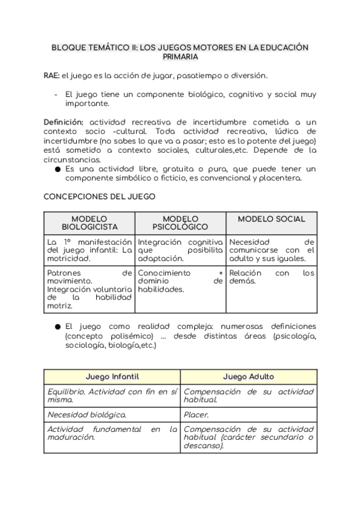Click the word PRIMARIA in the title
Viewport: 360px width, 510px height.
pos(180,57)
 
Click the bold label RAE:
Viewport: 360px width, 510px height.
pos(52,75)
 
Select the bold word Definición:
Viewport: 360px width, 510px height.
pos(64,122)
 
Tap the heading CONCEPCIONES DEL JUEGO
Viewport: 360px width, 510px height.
pos(99,197)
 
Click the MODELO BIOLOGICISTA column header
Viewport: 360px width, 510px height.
pos(90,223)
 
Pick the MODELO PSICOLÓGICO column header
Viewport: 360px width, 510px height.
pos(180,223)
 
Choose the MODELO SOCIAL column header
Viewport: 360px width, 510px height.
pos(271,220)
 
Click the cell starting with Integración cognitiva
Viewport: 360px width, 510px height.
pos(180,250)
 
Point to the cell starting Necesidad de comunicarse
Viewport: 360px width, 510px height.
pos(271,250)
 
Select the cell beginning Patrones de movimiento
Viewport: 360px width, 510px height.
pos(90,289)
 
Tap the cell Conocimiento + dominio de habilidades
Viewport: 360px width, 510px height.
pos(180,281)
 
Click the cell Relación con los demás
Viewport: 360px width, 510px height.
pos(271,277)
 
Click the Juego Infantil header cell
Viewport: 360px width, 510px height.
pos(112,376)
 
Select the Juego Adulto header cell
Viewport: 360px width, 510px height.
pos(248,376)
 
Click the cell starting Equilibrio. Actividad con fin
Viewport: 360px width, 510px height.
pos(112,395)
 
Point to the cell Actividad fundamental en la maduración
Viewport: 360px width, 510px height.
pos(112,434)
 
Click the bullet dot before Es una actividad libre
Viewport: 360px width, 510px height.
pos(57,170)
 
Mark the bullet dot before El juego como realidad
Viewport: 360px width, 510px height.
pos(57,327)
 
